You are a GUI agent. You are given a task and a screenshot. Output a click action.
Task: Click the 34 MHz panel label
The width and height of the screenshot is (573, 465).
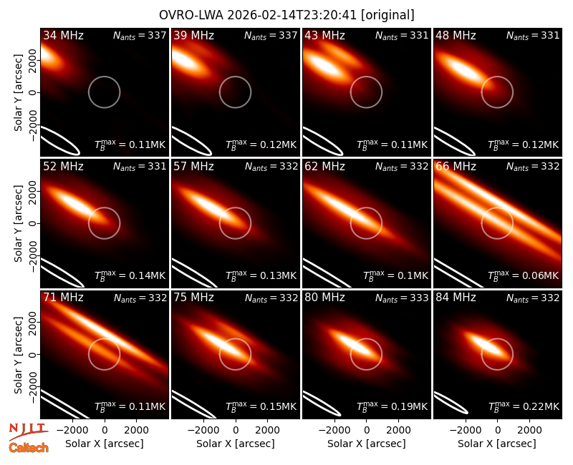click(63, 35)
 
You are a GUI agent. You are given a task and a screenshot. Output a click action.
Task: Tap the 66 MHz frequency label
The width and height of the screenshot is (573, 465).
click(456, 167)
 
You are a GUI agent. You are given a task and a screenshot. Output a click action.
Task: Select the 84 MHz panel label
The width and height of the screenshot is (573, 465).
click(456, 298)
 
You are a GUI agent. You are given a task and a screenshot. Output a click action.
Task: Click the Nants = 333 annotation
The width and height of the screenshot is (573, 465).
click(402, 298)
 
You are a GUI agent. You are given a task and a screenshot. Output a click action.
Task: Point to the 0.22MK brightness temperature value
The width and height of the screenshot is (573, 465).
click(541, 406)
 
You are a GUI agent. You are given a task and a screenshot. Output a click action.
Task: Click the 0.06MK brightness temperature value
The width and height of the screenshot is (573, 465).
click(541, 275)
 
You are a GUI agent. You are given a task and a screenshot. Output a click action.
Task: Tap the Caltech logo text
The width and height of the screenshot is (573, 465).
click(29, 448)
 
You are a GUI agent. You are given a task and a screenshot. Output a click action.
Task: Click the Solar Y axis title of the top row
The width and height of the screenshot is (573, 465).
click(18, 93)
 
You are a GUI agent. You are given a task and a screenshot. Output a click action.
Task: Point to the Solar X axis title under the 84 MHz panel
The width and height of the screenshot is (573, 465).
click(497, 444)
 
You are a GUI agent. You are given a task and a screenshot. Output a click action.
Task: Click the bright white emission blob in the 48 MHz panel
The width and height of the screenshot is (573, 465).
click(464, 70)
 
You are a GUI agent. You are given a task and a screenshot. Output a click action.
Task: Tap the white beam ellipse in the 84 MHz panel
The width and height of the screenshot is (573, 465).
click(451, 403)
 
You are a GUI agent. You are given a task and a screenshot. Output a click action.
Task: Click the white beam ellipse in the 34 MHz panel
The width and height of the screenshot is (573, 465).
click(60, 140)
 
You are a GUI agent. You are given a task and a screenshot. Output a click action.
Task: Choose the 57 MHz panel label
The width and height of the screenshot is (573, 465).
click(193, 167)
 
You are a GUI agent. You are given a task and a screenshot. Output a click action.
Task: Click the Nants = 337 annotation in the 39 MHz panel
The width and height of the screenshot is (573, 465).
click(271, 36)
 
